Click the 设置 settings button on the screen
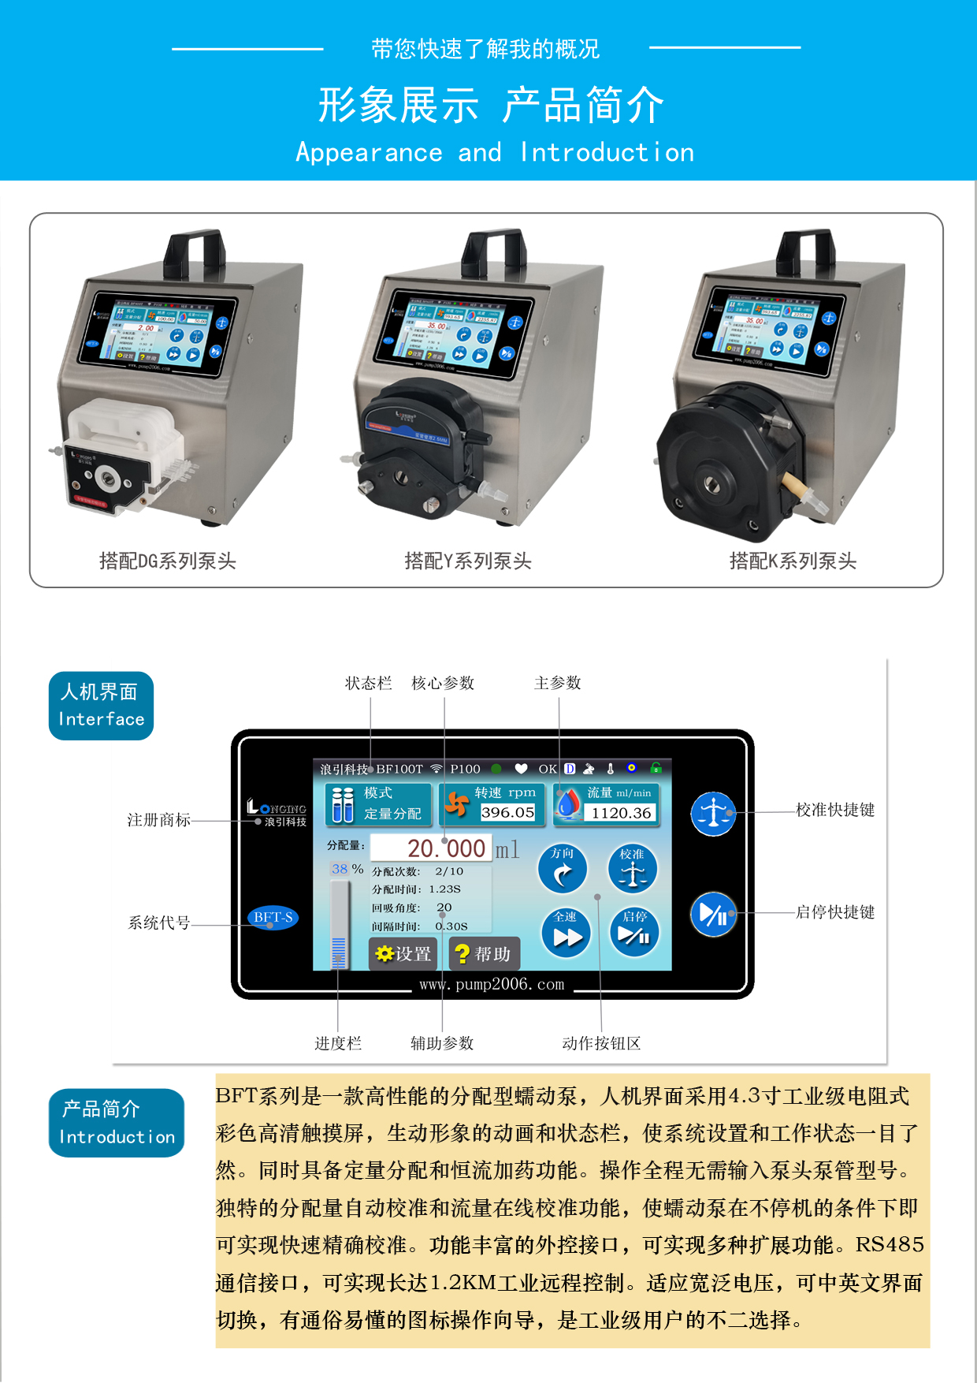[403, 954]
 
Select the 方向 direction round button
[563, 869]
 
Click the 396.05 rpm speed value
[507, 812]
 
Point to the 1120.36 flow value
[622, 813]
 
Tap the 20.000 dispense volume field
[431, 848]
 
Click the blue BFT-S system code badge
[273, 917]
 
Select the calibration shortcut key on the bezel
[713, 814]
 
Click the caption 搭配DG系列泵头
[168, 561]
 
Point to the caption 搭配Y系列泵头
[468, 561]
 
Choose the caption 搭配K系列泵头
[793, 561]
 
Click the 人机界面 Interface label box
[102, 706]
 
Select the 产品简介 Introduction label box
[117, 1123]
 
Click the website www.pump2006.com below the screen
[492, 984]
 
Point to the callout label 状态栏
[368, 683]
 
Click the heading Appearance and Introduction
[495, 152]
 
